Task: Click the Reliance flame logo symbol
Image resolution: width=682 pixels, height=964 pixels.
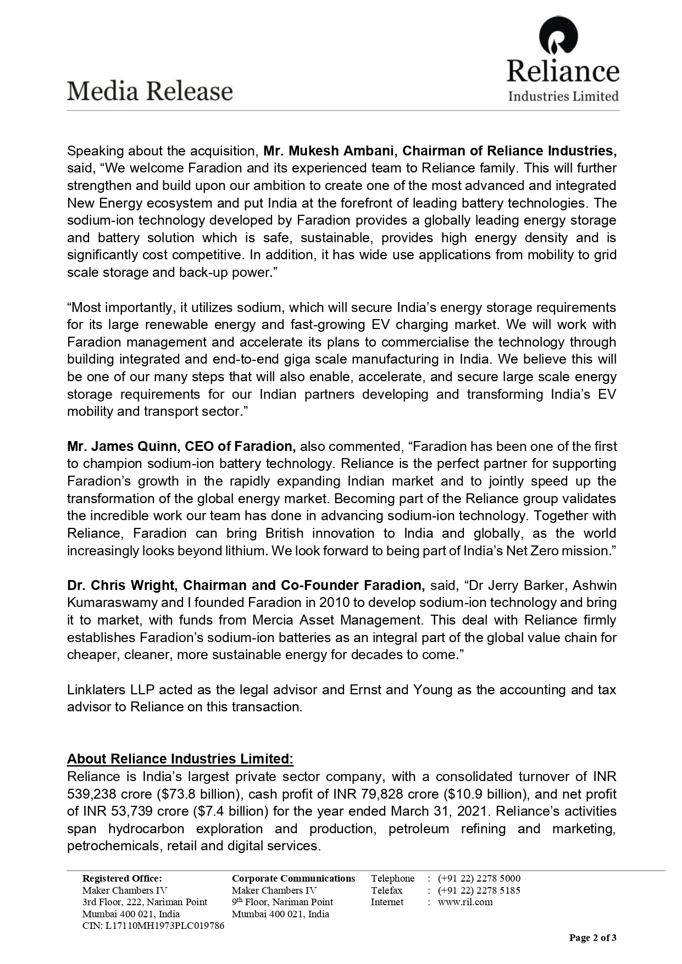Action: (x=558, y=36)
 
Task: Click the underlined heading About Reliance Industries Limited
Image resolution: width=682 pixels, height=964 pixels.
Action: (x=180, y=759)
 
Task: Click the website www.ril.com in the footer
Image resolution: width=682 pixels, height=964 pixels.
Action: (x=465, y=902)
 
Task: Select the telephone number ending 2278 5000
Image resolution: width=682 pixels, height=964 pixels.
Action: (x=479, y=878)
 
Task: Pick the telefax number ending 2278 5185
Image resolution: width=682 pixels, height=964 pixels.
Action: (x=479, y=890)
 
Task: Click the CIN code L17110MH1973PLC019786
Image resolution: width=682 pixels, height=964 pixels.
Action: (x=153, y=926)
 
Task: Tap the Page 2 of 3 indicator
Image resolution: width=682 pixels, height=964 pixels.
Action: (x=592, y=938)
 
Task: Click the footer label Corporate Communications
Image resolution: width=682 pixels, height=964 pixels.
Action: (x=293, y=878)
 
